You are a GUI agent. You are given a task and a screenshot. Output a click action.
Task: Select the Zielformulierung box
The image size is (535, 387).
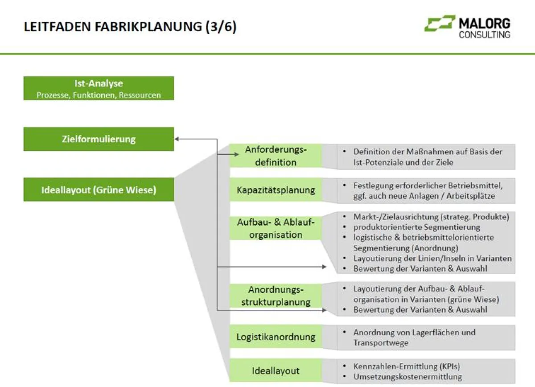(x=99, y=139)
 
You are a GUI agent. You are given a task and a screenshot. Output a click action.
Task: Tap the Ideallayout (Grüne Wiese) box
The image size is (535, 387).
(x=99, y=189)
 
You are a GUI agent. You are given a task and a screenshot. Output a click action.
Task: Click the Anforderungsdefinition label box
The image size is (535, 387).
(x=276, y=156)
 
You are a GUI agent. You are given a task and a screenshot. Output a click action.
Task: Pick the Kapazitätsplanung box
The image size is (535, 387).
(x=276, y=190)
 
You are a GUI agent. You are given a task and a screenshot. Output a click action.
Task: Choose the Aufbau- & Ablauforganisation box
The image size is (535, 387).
(x=276, y=228)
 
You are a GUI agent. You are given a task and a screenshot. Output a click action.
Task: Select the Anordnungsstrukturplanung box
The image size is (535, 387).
(x=276, y=296)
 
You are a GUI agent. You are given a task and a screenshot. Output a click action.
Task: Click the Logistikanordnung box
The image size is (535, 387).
(x=276, y=337)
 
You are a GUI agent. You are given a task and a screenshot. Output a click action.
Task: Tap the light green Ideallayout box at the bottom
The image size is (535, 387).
(x=276, y=371)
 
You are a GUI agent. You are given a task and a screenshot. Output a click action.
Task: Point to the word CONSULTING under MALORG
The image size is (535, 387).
(x=485, y=35)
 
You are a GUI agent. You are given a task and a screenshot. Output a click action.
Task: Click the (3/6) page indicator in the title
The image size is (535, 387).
(x=221, y=27)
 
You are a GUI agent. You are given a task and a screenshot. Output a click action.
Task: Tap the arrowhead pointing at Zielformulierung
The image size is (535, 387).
(x=177, y=139)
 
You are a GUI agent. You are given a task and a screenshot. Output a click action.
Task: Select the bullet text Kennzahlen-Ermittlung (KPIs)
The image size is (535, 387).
(x=406, y=366)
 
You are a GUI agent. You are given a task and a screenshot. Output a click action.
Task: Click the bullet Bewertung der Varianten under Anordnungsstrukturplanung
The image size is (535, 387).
(x=420, y=309)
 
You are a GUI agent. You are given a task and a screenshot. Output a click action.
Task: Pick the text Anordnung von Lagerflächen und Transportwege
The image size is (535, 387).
(x=414, y=338)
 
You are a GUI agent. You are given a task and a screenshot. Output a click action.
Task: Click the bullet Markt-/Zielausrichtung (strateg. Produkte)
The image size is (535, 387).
(x=431, y=217)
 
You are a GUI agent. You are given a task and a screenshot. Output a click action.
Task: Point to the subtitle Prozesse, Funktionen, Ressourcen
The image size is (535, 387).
(x=99, y=95)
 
